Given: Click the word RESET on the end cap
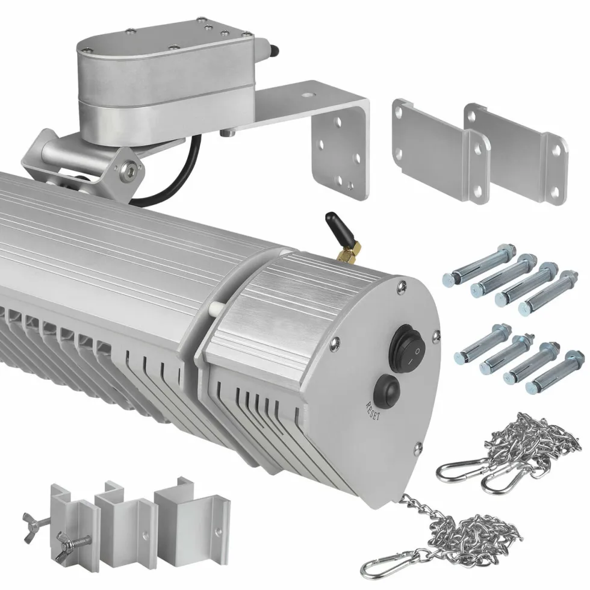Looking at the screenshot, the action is pyautogui.click(x=373, y=411).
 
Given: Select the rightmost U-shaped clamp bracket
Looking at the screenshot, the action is pyautogui.click(x=193, y=521).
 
